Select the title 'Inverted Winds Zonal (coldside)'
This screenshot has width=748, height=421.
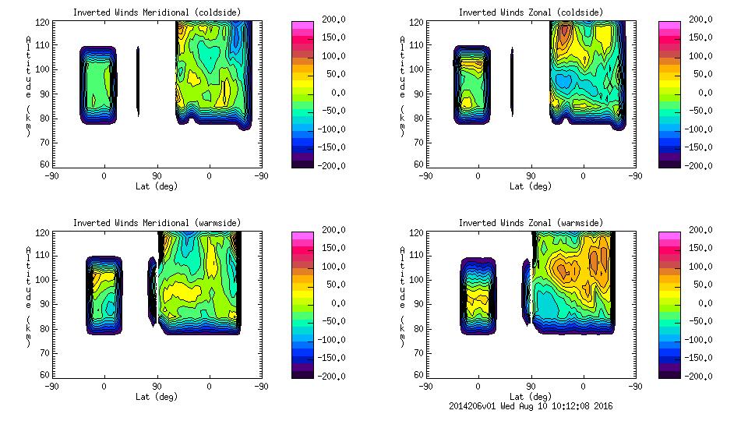coord(531,12)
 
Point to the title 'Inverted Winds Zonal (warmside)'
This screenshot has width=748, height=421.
coord(531,223)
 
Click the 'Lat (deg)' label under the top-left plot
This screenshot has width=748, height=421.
coord(157,186)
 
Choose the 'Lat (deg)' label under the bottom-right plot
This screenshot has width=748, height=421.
coord(531,396)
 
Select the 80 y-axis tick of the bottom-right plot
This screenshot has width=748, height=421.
coord(420,329)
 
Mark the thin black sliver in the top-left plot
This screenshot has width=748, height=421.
coord(138,82)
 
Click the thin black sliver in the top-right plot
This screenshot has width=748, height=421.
coord(512,82)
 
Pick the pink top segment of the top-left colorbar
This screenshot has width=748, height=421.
coord(302,26)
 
